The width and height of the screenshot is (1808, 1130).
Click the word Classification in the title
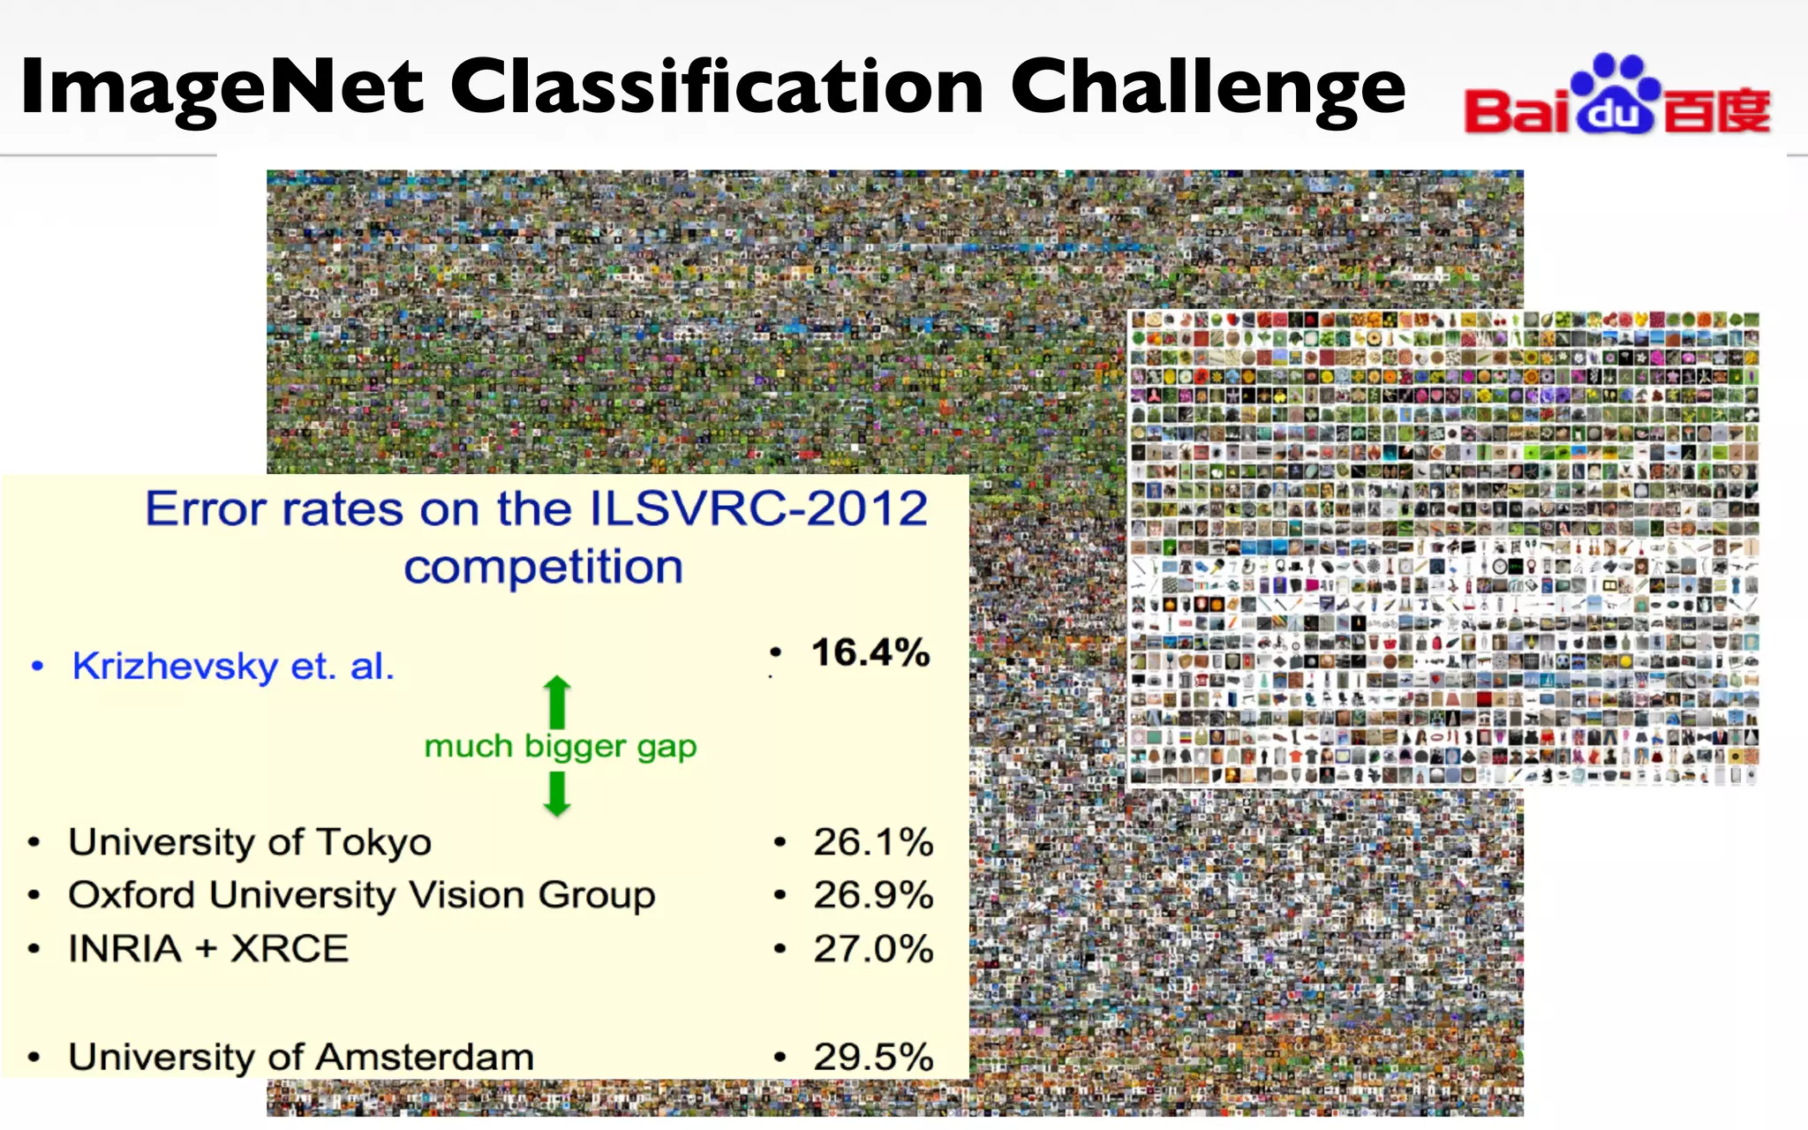pyautogui.click(x=717, y=87)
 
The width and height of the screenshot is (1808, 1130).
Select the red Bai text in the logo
pyautogui.click(x=1517, y=111)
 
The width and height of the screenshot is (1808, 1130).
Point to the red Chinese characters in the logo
pyautogui.click(x=1717, y=111)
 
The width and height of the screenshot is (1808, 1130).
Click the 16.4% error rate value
pyautogui.click(x=870, y=653)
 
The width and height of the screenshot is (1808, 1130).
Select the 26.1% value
pyautogui.click(x=873, y=841)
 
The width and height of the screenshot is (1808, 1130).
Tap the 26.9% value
pyautogui.click(x=873, y=895)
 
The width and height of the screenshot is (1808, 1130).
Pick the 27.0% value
pyautogui.click(x=873, y=949)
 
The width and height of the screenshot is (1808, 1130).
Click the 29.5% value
pyautogui.click(x=873, y=1057)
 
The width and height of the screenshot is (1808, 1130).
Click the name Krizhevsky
pyautogui.click(x=175, y=667)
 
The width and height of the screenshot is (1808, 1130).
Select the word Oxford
pyautogui.click(x=132, y=895)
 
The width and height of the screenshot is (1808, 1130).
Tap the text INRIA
pyautogui.click(x=125, y=949)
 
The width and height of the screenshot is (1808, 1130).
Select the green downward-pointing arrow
pyautogui.click(x=557, y=794)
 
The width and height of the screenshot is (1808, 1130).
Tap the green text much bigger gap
pyautogui.click(x=561, y=747)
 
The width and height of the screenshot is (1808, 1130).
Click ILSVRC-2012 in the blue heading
pyautogui.click(x=757, y=509)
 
